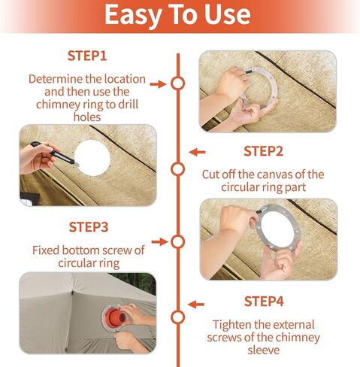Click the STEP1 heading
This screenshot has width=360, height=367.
coord(87,56)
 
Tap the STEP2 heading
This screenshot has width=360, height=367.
coord(263,151)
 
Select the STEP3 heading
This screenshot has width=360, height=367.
coord(89,227)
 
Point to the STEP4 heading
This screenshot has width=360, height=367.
coord(264,302)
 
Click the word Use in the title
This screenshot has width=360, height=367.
coord(227,14)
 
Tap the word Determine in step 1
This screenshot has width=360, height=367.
coord(56,79)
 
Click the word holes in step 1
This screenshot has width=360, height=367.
coord(87,117)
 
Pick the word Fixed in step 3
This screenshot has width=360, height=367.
coord(46,250)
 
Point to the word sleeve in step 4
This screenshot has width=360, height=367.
coord(264,350)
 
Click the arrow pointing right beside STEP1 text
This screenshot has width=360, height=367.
coord(158,84)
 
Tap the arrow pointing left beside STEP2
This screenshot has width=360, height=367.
coord(197,152)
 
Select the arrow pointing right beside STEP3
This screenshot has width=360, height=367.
coord(159,242)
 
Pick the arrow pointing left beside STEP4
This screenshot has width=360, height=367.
coord(196,305)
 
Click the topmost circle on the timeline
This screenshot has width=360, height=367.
coord(178,83)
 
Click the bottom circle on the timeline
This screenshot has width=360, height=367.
coord(178,317)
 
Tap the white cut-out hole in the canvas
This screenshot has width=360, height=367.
coord(92,158)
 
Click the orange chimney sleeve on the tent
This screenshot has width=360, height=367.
coord(115,317)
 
